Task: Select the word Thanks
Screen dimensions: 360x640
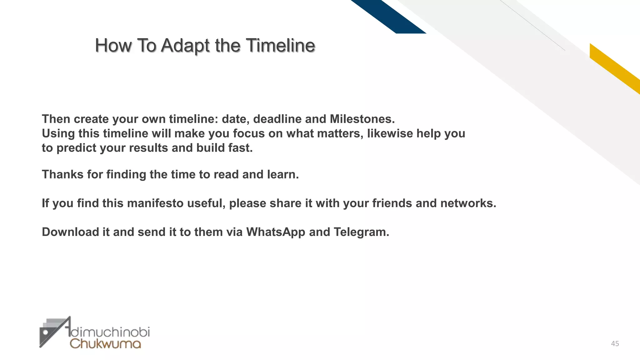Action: coord(62,174)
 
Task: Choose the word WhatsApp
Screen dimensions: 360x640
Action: coord(276,232)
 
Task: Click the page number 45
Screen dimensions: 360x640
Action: coord(615,344)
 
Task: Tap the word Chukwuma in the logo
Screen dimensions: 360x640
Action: coord(105,344)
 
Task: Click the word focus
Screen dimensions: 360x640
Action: coord(249,133)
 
